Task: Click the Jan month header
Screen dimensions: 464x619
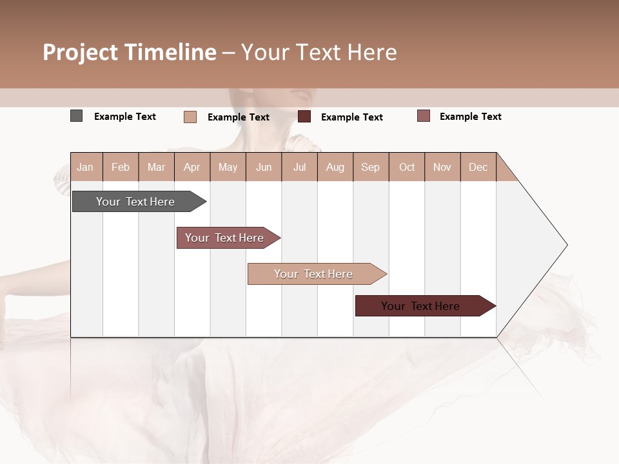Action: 86,167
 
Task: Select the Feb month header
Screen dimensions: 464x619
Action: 121,167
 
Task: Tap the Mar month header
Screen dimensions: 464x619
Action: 156,167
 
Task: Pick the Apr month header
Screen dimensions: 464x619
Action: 192,167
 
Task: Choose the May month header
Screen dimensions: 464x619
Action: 228,167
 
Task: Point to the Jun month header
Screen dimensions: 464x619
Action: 264,167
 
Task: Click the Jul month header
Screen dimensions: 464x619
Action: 299,167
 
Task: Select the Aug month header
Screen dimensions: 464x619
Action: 335,167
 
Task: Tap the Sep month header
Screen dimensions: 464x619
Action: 371,167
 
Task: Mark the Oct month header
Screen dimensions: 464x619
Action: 407,167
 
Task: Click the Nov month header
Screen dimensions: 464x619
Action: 442,167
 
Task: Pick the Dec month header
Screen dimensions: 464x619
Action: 478,167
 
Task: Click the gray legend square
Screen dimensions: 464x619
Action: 77,116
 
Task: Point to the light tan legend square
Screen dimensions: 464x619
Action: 190,117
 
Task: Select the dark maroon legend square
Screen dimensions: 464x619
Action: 304,117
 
